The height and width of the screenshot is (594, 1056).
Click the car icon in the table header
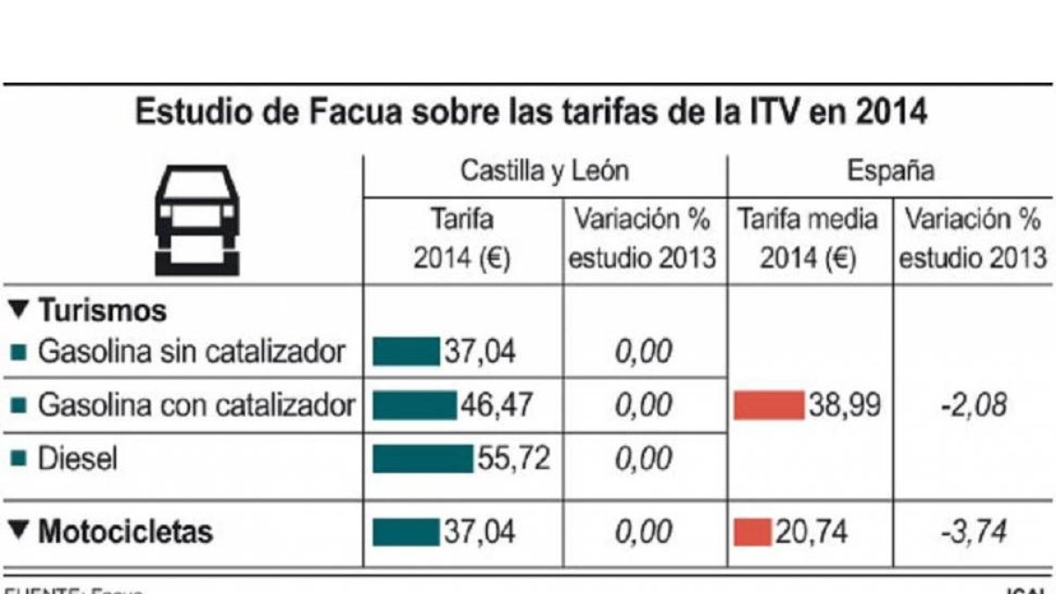coord(197,219)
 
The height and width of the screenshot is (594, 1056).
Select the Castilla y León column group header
coord(545,171)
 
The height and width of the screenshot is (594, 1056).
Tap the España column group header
coord(891,171)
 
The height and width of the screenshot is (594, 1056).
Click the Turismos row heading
coord(88,311)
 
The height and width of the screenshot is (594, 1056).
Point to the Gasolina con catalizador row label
coord(196,406)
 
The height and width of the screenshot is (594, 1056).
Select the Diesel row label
coord(77,458)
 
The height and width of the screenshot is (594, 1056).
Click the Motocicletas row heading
coord(113,532)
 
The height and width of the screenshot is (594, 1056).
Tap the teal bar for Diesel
coord(423,458)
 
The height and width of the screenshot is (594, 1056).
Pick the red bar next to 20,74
coord(752,532)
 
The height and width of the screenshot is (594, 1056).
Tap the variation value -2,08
coord(971,406)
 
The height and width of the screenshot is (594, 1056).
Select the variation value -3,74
coord(971,532)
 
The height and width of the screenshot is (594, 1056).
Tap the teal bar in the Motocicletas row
coord(406,532)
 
